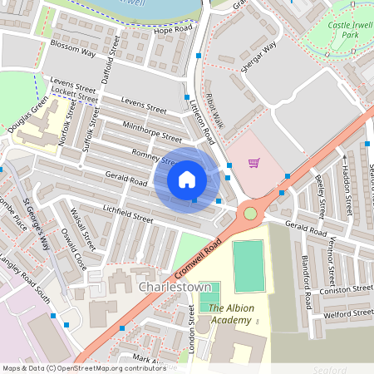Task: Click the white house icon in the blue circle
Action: (x=187, y=179)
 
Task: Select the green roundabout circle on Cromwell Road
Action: (x=250, y=214)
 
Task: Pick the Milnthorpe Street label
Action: (x=152, y=132)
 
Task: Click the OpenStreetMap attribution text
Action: (x=72, y=367)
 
